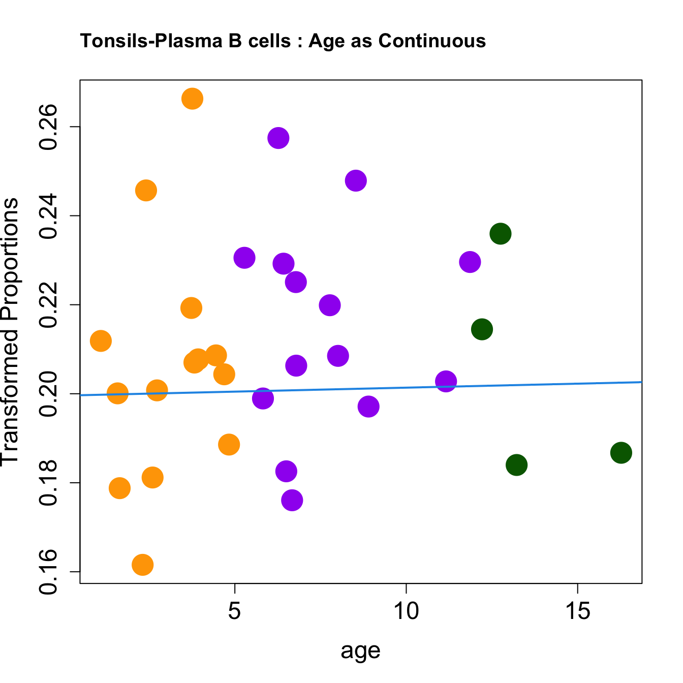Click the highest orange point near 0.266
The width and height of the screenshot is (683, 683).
192,99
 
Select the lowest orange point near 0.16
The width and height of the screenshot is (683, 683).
142,565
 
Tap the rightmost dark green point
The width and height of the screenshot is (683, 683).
621,452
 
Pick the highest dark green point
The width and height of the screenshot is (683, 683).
500,234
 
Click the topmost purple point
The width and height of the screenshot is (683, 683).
278,138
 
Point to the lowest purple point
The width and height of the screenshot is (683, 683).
292,500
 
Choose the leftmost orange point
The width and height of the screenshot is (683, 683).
101,340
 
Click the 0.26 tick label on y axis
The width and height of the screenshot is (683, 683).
49,127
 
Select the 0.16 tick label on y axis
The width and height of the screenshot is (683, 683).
49,572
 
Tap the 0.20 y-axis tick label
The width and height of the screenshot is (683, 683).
49,394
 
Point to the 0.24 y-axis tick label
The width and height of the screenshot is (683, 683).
49,216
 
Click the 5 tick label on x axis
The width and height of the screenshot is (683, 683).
234,611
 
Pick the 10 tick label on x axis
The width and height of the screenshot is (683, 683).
406,611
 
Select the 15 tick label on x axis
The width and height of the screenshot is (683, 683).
578,611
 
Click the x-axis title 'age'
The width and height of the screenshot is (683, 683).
360,651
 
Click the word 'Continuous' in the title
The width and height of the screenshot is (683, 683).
432,41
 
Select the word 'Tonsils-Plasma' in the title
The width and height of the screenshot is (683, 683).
150,41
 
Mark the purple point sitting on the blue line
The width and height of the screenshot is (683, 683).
446,381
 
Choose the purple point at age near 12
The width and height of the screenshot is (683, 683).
470,262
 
